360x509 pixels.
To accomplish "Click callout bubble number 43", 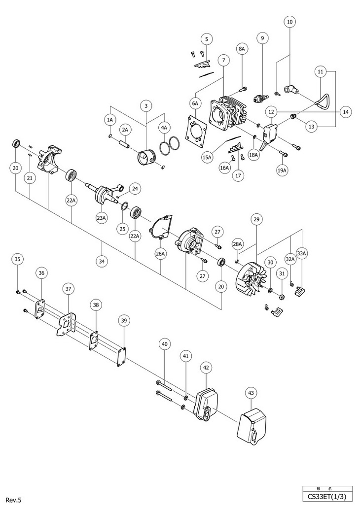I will point(251,393).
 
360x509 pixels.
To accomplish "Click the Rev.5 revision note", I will point(13,500).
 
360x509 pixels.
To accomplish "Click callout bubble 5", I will point(207,39).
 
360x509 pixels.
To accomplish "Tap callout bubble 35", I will point(18,260).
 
